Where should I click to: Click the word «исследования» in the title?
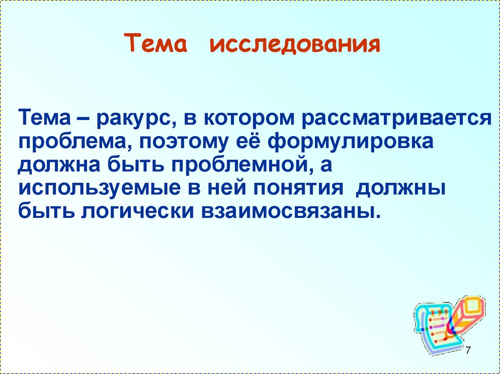tap(295, 44)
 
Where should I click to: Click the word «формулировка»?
tap(351, 142)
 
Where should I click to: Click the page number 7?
tap(468, 350)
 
